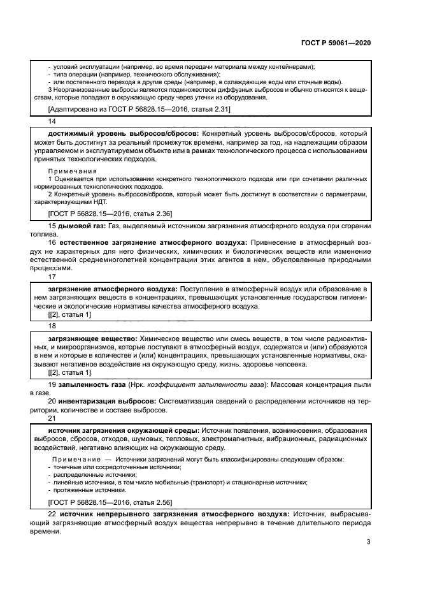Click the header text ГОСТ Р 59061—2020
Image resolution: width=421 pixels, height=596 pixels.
(x=336, y=43)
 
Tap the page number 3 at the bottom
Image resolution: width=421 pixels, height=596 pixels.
(x=368, y=542)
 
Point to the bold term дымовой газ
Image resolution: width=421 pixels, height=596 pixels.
(x=82, y=226)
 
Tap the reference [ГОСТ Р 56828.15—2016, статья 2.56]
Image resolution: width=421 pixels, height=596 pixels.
(x=110, y=502)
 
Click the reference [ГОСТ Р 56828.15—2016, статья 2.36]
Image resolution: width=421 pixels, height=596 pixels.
(x=110, y=213)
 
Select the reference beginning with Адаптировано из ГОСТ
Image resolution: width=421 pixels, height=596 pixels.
(x=131, y=110)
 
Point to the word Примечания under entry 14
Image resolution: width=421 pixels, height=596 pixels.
(x=73, y=171)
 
